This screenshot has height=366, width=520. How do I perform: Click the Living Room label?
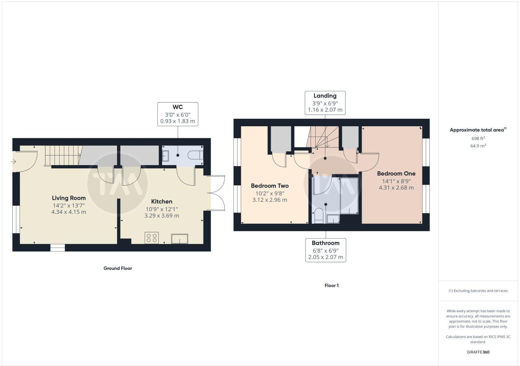coord(69,198)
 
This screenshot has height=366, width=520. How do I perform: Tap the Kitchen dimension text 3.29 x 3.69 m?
coord(162,215)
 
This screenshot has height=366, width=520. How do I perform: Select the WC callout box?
coord(178,114)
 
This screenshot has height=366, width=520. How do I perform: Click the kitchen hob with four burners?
coord(152,238)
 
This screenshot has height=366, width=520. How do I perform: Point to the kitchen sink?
coord(180,238)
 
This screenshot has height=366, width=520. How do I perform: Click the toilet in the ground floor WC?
coord(196,155)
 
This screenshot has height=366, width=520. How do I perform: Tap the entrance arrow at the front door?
coord(14,161)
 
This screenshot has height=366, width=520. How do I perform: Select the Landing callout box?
coord(325,103)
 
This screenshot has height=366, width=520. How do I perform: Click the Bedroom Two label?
coord(270,186)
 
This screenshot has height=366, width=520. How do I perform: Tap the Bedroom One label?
coord(396,174)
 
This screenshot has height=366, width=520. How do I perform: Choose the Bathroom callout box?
coord(326,250)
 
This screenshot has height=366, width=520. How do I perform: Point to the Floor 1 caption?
coord(331,286)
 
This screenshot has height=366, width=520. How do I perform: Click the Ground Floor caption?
coord(118,268)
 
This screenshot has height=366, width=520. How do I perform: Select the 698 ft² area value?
coord(478,139)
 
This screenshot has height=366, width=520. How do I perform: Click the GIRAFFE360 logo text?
coord(478,352)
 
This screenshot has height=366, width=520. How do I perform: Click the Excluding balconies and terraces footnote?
coord(478,291)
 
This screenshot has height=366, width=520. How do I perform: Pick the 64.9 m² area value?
coord(478,146)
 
